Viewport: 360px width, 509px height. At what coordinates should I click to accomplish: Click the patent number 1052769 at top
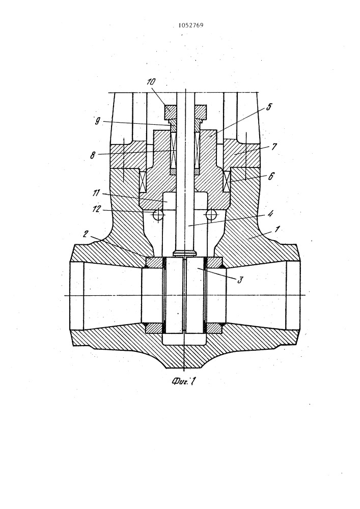pos(191,25)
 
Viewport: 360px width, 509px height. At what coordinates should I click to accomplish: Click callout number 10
pos(151,82)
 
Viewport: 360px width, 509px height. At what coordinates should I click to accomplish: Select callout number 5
pos(268,107)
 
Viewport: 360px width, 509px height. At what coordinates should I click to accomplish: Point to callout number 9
pos(98,122)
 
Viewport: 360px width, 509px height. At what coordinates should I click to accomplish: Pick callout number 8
pos(93,155)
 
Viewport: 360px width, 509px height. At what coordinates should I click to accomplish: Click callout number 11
pos(96,193)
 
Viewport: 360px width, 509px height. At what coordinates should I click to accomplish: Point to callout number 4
pos(270,214)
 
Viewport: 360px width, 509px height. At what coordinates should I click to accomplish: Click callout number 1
pos(276,230)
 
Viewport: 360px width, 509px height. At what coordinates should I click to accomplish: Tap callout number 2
pos(86,234)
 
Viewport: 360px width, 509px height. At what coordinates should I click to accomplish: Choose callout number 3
pos(240,279)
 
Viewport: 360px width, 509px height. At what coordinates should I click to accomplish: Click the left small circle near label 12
pos(158,215)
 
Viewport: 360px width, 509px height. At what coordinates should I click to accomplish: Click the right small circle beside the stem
pos(211,214)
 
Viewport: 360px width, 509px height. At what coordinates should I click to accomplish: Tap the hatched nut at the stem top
pos(185,112)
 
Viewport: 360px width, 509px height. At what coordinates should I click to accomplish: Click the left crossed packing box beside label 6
pos(143,181)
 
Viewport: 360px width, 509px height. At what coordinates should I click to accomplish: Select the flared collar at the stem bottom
pos(184,252)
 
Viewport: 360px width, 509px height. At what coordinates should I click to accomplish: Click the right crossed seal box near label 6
pos(227,181)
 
